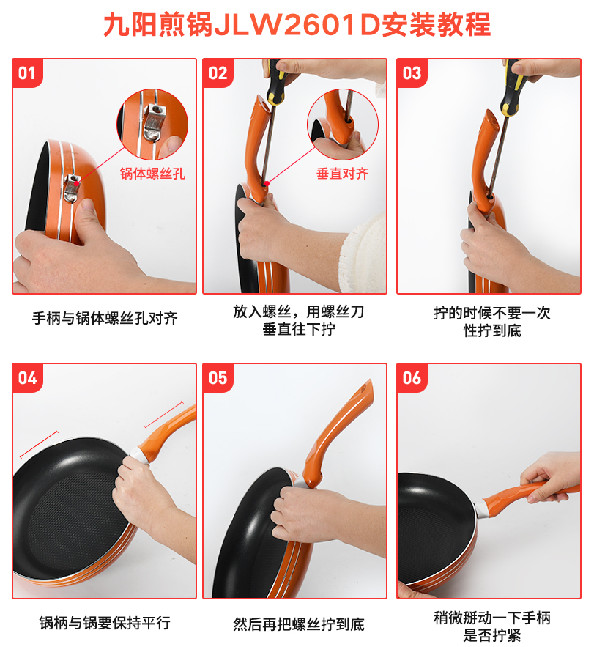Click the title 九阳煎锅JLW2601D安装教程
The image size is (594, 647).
[x=297, y=24]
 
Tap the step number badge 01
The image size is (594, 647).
[x=27, y=73]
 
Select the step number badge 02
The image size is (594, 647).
[x=218, y=73]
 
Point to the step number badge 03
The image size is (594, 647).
[x=412, y=73]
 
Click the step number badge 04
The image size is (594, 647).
[x=27, y=378]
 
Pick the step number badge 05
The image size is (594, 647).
[x=218, y=378]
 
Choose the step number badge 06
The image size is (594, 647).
[x=412, y=378]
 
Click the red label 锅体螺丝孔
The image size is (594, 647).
[x=152, y=174]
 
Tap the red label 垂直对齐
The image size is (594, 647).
[x=342, y=174]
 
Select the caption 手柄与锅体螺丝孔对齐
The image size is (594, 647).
[x=105, y=318]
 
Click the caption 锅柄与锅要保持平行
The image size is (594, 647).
[x=105, y=623]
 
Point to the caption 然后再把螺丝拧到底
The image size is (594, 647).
[x=299, y=624]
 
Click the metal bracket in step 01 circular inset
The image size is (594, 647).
[x=155, y=122]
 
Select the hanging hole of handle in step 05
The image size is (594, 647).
[x=364, y=389]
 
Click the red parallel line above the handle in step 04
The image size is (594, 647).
[x=164, y=415]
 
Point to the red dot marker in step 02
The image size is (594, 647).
[x=267, y=184]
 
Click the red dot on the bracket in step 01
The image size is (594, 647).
[x=77, y=182]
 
